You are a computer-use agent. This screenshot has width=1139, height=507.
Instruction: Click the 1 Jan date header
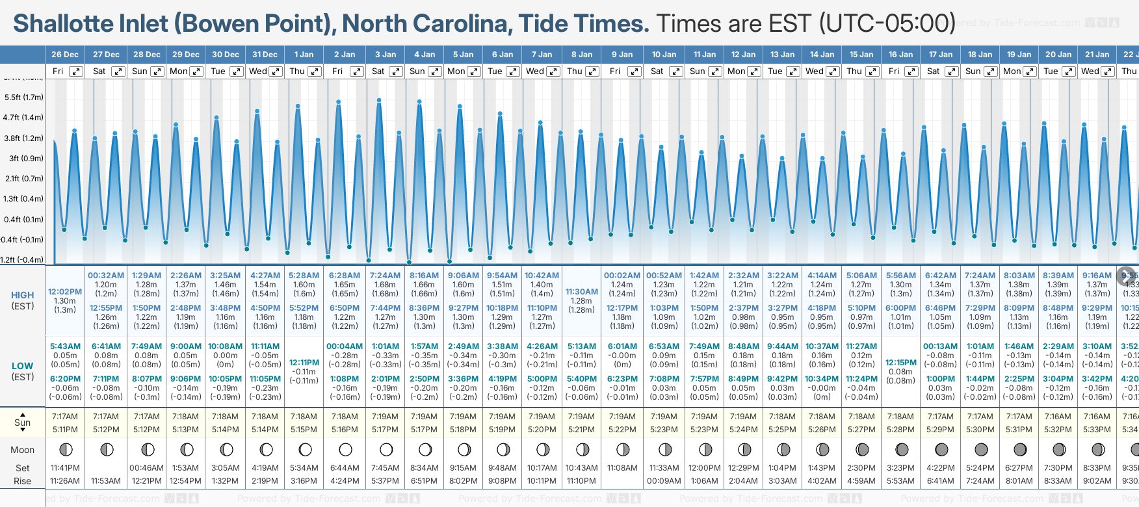[x=304, y=55]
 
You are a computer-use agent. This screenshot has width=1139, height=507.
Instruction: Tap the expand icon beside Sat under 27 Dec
[x=118, y=71]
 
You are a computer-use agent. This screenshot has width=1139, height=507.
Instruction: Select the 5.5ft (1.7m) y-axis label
[x=23, y=97]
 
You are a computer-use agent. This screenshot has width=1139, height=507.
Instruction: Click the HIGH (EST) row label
[x=23, y=300]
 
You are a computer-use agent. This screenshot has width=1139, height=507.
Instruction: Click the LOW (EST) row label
[x=23, y=371]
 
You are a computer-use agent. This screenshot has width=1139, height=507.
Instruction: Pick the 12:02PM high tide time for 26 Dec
[x=65, y=292]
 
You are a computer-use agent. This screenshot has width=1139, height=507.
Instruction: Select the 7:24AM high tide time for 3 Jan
[x=385, y=276]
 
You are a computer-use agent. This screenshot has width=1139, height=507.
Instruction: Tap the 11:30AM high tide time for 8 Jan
[x=581, y=292]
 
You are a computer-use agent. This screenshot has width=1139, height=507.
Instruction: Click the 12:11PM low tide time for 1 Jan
[x=304, y=363]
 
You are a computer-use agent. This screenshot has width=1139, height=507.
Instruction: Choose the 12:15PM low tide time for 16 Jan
[x=900, y=363]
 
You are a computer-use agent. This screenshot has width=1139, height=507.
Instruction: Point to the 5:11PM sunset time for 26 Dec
[x=65, y=430]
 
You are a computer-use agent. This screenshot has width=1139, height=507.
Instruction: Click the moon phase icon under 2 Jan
[x=345, y=449]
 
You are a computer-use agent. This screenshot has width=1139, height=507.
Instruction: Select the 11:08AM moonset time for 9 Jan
[x=622, y=468]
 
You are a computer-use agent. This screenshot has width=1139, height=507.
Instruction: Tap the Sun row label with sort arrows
[x=23, y=422]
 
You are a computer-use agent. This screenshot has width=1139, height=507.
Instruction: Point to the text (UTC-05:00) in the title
[x=887, y=24]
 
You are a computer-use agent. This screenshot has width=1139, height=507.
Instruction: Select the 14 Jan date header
[x=822, y=55]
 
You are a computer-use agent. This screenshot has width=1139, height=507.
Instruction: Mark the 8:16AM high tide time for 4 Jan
[x=424, y=276]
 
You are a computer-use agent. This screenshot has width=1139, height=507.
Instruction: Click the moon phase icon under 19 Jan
[x=1020, y=449]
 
